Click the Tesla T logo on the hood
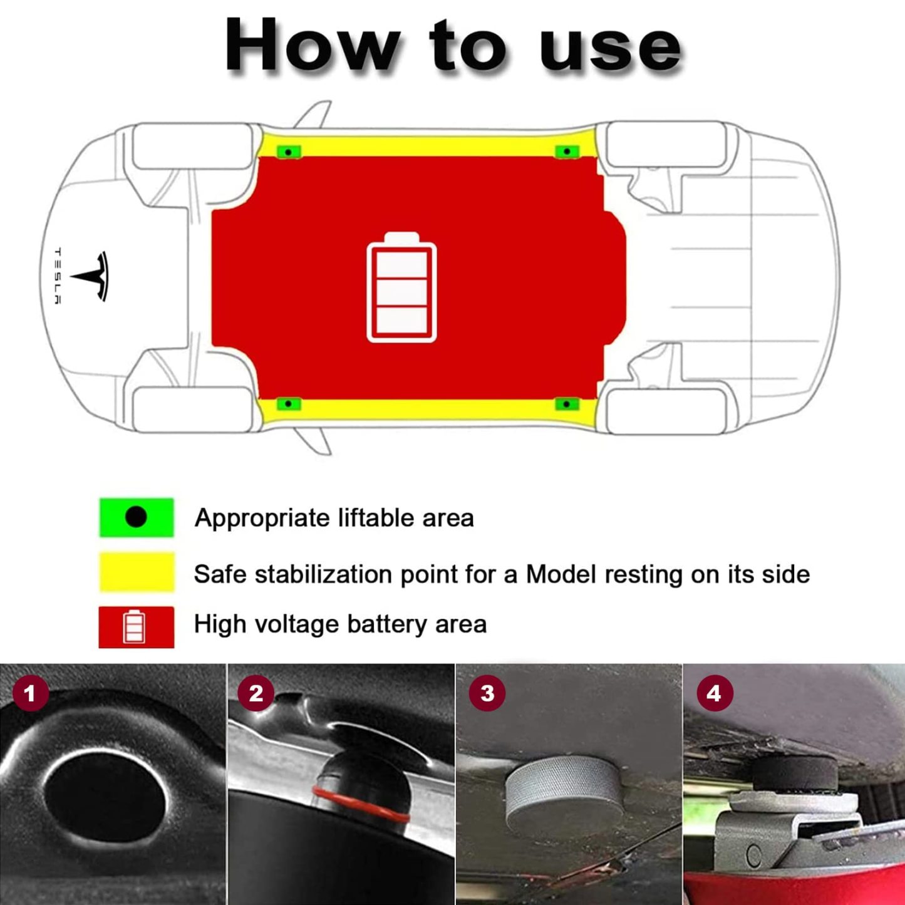tap(91, 276)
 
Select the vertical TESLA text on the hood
tap(57, 276)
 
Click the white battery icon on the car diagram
tap(401, 287)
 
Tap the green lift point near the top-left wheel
tap(289, 152)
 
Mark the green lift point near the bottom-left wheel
tap(289, 404)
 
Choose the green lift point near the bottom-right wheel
tap(567, 404)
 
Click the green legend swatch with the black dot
tap(136, 517)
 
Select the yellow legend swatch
tap(136, 572)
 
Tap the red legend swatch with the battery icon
tap(136, 626)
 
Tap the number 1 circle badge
tap(30, 693)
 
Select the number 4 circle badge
tap(713, 693)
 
